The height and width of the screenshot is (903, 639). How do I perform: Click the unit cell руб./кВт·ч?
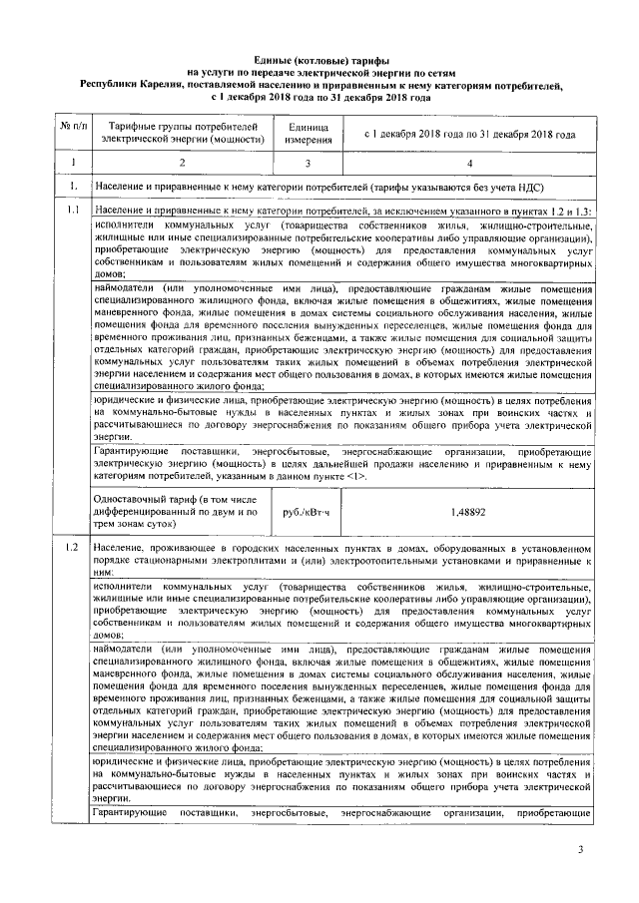(x=306, y=512)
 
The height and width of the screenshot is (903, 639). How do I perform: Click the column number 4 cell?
(x=468, y=161)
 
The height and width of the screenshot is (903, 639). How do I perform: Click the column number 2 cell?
(x=181, y=161)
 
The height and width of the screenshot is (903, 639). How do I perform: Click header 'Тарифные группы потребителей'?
(x=181, y=127)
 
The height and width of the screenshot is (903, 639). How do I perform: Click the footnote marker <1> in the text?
(x=353, y=477)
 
